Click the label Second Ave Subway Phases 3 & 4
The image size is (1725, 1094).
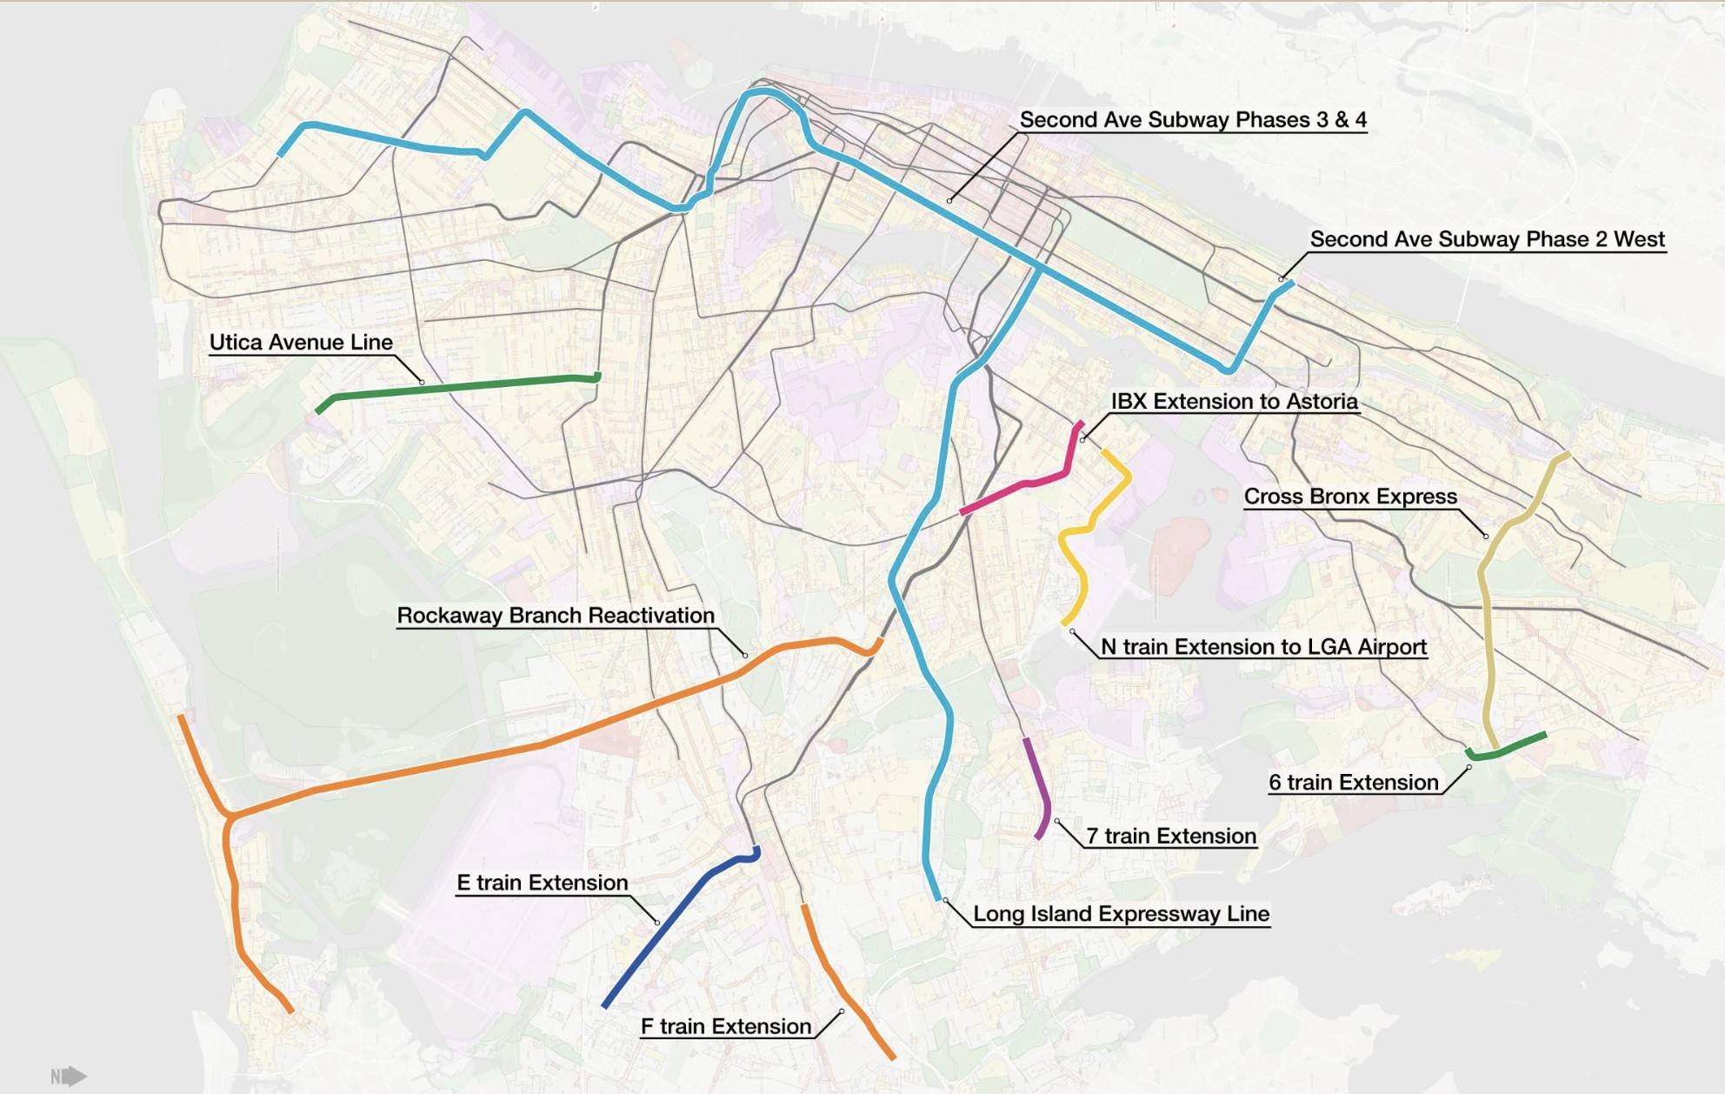click(x=1192, y=119)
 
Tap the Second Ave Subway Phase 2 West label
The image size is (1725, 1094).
click(x=1487, y=239)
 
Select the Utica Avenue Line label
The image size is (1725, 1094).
click(x=301, y=342)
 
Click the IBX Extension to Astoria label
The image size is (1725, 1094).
click(x=1234, y=401)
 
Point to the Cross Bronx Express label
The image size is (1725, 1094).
click(x=1349, y=497)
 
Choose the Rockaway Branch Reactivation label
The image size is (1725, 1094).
click(x=556, y=615)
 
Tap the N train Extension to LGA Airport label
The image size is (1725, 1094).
click(x=1263, y=647)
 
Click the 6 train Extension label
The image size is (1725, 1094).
click(x=1353, y=783)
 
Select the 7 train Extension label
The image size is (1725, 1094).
click(x=1171, y=836)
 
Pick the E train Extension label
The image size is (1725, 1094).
click(x=542, y=883)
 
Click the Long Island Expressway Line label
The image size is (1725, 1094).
click(x=1121, y=914)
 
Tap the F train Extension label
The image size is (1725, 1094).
click(x=725, y=1026)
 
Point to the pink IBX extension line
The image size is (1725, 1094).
click(x=1026, y=483)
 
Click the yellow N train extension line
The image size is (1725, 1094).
click(x=1078, y=565)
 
